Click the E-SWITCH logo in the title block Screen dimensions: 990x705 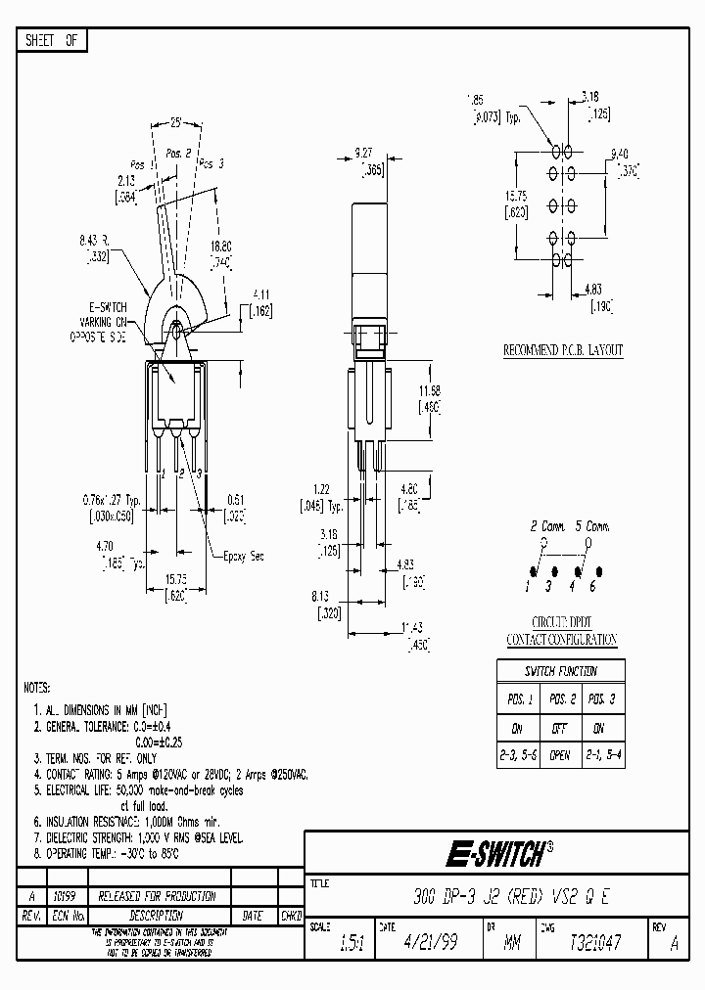click(x=497, y=855)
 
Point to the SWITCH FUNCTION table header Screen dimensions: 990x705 click(x=560, y=671)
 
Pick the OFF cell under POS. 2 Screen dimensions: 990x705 click(x=560, y=729)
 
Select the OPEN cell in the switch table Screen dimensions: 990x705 click(x=560, y=756)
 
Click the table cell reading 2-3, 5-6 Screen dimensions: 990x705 click(x=517, y=756)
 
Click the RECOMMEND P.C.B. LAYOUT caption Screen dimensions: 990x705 click(x=562, y=350)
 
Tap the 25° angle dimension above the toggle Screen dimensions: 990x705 click(x=176, y=125)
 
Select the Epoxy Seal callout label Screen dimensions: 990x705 click(x=242, y=556)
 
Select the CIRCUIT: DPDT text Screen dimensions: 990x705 click(x=560, y=622)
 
